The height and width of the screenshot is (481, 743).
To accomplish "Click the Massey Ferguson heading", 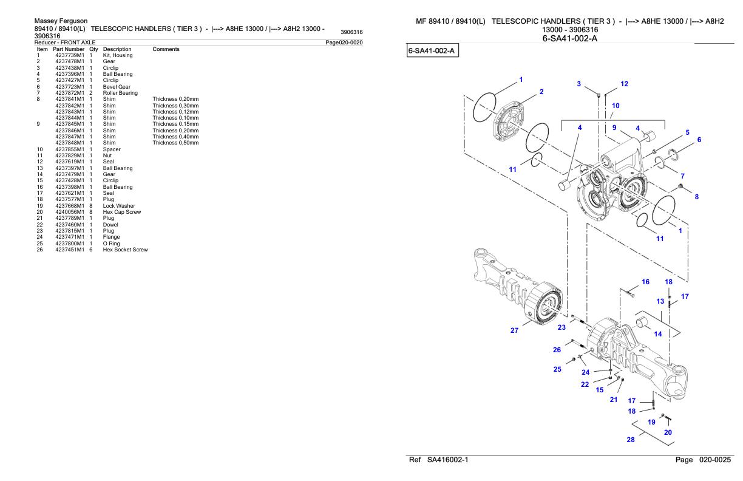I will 61,21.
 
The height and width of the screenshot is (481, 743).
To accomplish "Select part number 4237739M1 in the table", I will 69,55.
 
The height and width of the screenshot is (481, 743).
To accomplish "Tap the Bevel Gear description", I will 117,87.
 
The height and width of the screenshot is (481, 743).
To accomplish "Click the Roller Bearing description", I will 120,93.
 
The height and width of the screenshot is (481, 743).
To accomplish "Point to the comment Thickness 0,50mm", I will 176,143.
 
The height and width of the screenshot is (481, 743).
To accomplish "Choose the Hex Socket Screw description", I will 126,250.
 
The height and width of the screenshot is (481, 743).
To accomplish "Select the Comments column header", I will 166,49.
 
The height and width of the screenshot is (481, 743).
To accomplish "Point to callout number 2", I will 541,92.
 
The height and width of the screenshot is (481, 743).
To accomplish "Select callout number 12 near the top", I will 624,84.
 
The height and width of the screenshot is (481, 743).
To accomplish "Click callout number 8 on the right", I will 697,197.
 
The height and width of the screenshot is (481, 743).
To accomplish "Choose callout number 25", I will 557,369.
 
